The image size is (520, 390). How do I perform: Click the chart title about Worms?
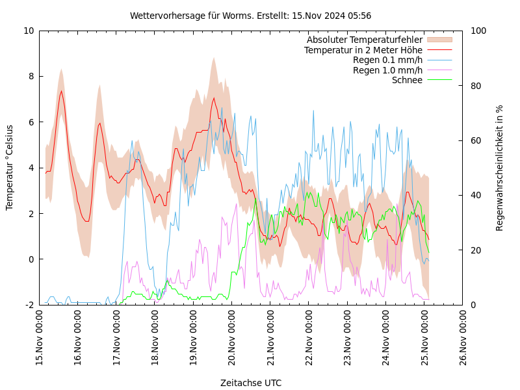(250, 16)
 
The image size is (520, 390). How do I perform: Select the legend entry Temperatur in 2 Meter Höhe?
(363, 50)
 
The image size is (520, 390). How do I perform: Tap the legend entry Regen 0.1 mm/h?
(387, 60)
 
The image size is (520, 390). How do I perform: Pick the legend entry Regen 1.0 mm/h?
(387, 70)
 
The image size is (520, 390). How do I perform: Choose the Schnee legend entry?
(407, 80)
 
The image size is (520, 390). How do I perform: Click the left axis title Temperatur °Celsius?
(10, 167)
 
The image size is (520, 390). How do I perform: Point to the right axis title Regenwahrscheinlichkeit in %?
(499, 167)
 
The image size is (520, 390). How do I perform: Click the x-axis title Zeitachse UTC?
(250, 383)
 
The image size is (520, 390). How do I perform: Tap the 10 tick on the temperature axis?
(29, 31)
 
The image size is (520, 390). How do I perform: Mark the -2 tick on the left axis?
(29, 305)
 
